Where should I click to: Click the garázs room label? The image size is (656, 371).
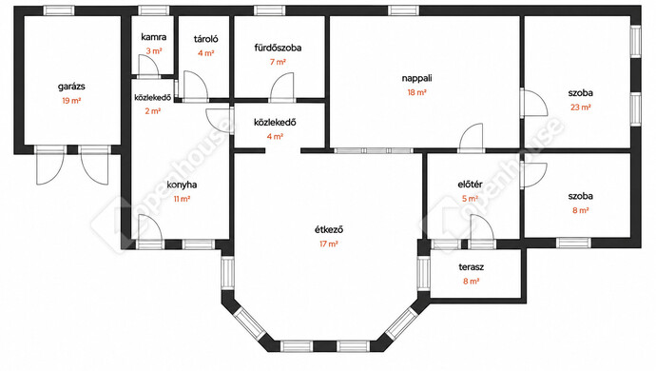[71, 88]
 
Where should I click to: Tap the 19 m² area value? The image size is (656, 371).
[71, 101]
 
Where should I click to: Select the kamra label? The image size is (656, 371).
[153, 37]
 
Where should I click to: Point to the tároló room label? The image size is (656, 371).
[206, 39]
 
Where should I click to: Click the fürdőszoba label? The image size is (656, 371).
[278, 48]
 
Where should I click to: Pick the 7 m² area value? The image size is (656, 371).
[278, 62]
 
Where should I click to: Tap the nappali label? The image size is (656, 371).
[417, 78]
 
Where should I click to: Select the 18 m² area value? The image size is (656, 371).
[417, 92]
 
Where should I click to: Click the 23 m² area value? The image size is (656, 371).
[581, 107]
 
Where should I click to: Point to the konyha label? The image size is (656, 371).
[182, 185]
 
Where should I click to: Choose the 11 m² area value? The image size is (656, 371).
[182, 199]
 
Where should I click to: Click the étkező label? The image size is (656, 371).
[329, 230]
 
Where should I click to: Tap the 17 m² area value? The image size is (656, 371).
[329, 244]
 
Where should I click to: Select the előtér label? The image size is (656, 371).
[471, 185]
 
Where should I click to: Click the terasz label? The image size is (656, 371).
[471, 267]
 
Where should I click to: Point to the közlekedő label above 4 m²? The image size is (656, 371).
[275, 123]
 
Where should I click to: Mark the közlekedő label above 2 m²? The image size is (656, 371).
[153, 98]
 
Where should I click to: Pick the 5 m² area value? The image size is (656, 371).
[471, 199]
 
